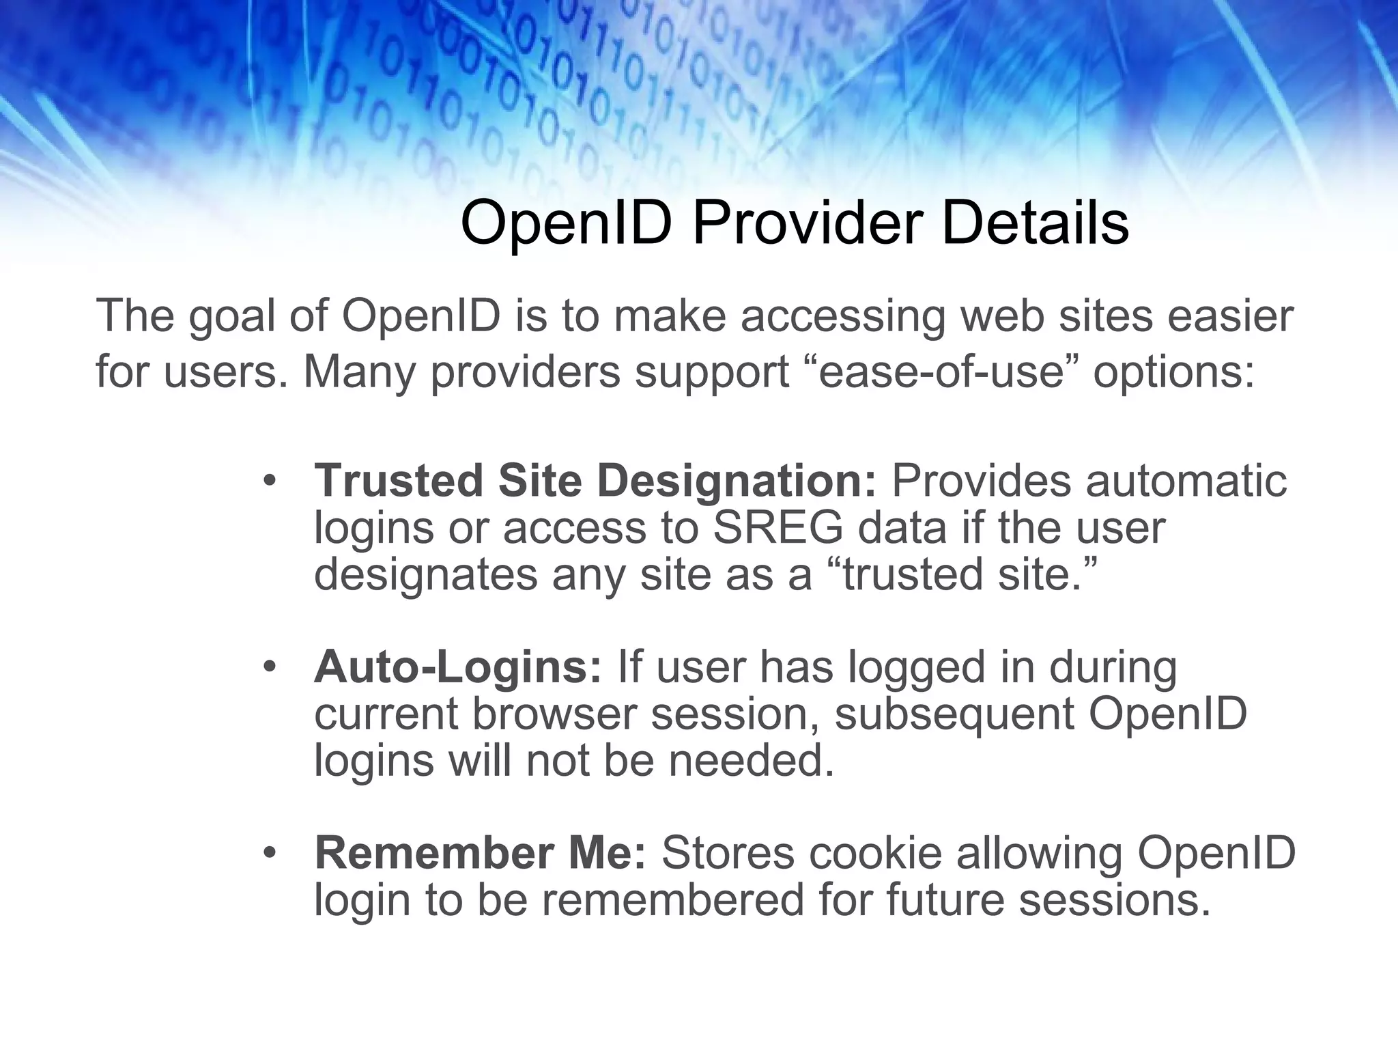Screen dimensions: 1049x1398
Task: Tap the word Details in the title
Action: (x=1035, y=223)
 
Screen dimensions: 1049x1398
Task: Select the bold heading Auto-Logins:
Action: (x=458, y=667)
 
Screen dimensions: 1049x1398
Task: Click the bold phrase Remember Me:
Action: (x=480, y=854)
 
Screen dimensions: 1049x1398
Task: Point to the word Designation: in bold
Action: (x=737, y=480)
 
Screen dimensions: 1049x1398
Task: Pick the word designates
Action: (x=425, y=575)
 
